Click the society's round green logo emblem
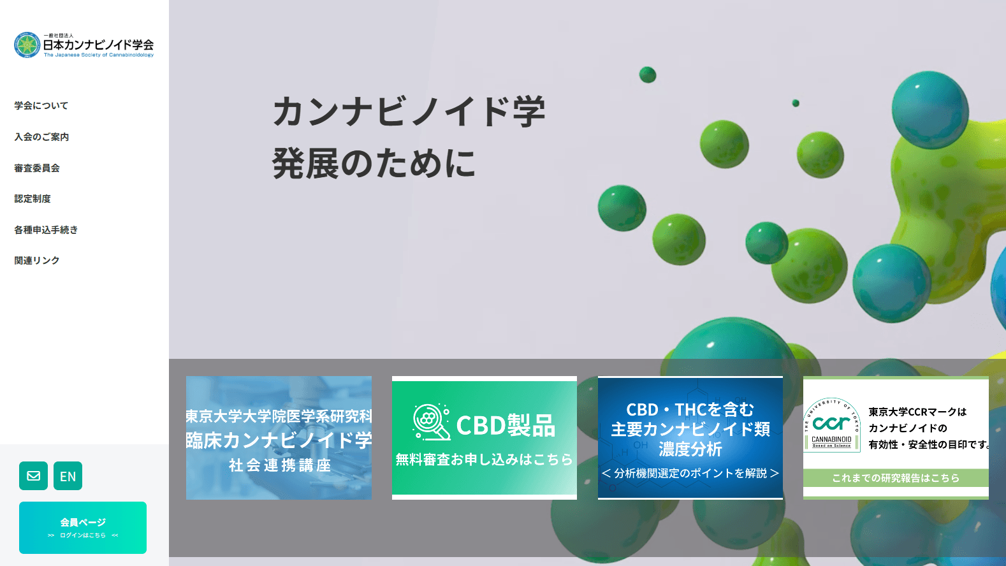pyautogui.click(x=27, y=45)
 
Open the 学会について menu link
pyautogui.click(x=41, y=106)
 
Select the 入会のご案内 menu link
pyautogui.click(x=41, y=137)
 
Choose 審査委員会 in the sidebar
pyautogui.click(x=37, y=168)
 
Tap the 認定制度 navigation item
pyautogui.click(x=33, y=199)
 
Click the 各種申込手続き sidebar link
pyautogui.click(x=46, y=230)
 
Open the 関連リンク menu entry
pyautogui.click(x=37, y=261)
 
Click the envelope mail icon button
pyautogui.click(x=33, y=476)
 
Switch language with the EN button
pyautogui.click(x=68, y=476)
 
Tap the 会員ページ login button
pyautogui.click(x=83, y=528)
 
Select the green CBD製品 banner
pyautogui.click(x=485, y=438)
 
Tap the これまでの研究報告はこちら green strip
pyautogui.click(x=896, y=478)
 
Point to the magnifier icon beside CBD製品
pyautogui.click(x=431, y=422)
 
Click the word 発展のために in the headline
pyautogui.click(x=374, y=163)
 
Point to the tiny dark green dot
pyautogui.click(x=796, y=103)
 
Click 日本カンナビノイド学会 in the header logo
pyautogui.click(x=98, y=45)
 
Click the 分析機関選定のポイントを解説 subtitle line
pyautogui.click(x=690, y=473)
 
